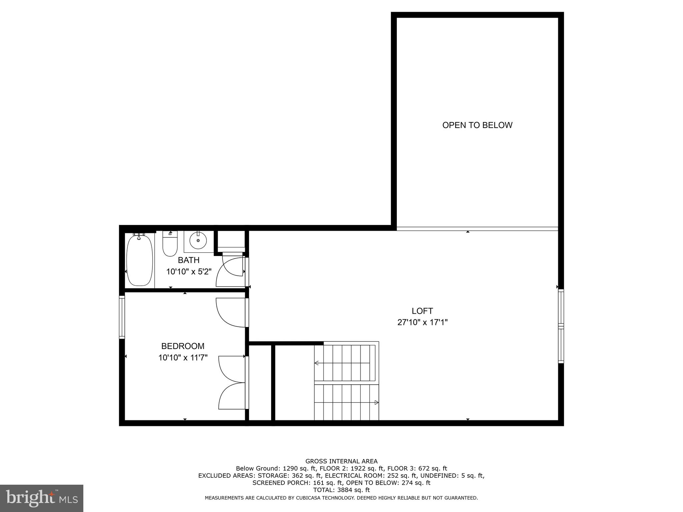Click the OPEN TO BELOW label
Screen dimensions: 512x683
click(477, 125)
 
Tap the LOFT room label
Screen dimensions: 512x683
click(422, 311)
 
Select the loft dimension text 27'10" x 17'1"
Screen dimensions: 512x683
click(422, 322)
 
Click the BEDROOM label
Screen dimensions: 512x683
click(183, 346)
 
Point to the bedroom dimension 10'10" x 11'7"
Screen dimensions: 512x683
click(183, 358)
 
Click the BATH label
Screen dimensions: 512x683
click(189, 260)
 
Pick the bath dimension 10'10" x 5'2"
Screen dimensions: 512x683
click(189, 272)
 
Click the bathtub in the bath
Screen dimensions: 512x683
click(140, 260)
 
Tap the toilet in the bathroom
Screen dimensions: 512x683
click(170, 244)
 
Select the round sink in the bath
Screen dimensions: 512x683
click(198, 240)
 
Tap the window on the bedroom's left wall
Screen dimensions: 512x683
click(122, 317)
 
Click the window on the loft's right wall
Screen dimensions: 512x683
click(561, 326)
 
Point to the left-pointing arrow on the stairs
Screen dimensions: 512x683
click(317, 363)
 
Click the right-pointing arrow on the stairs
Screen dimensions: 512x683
click(376, 402)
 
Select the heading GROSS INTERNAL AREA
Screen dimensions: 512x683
click(341, 461)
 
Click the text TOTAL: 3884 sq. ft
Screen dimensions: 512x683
click(341, 490)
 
